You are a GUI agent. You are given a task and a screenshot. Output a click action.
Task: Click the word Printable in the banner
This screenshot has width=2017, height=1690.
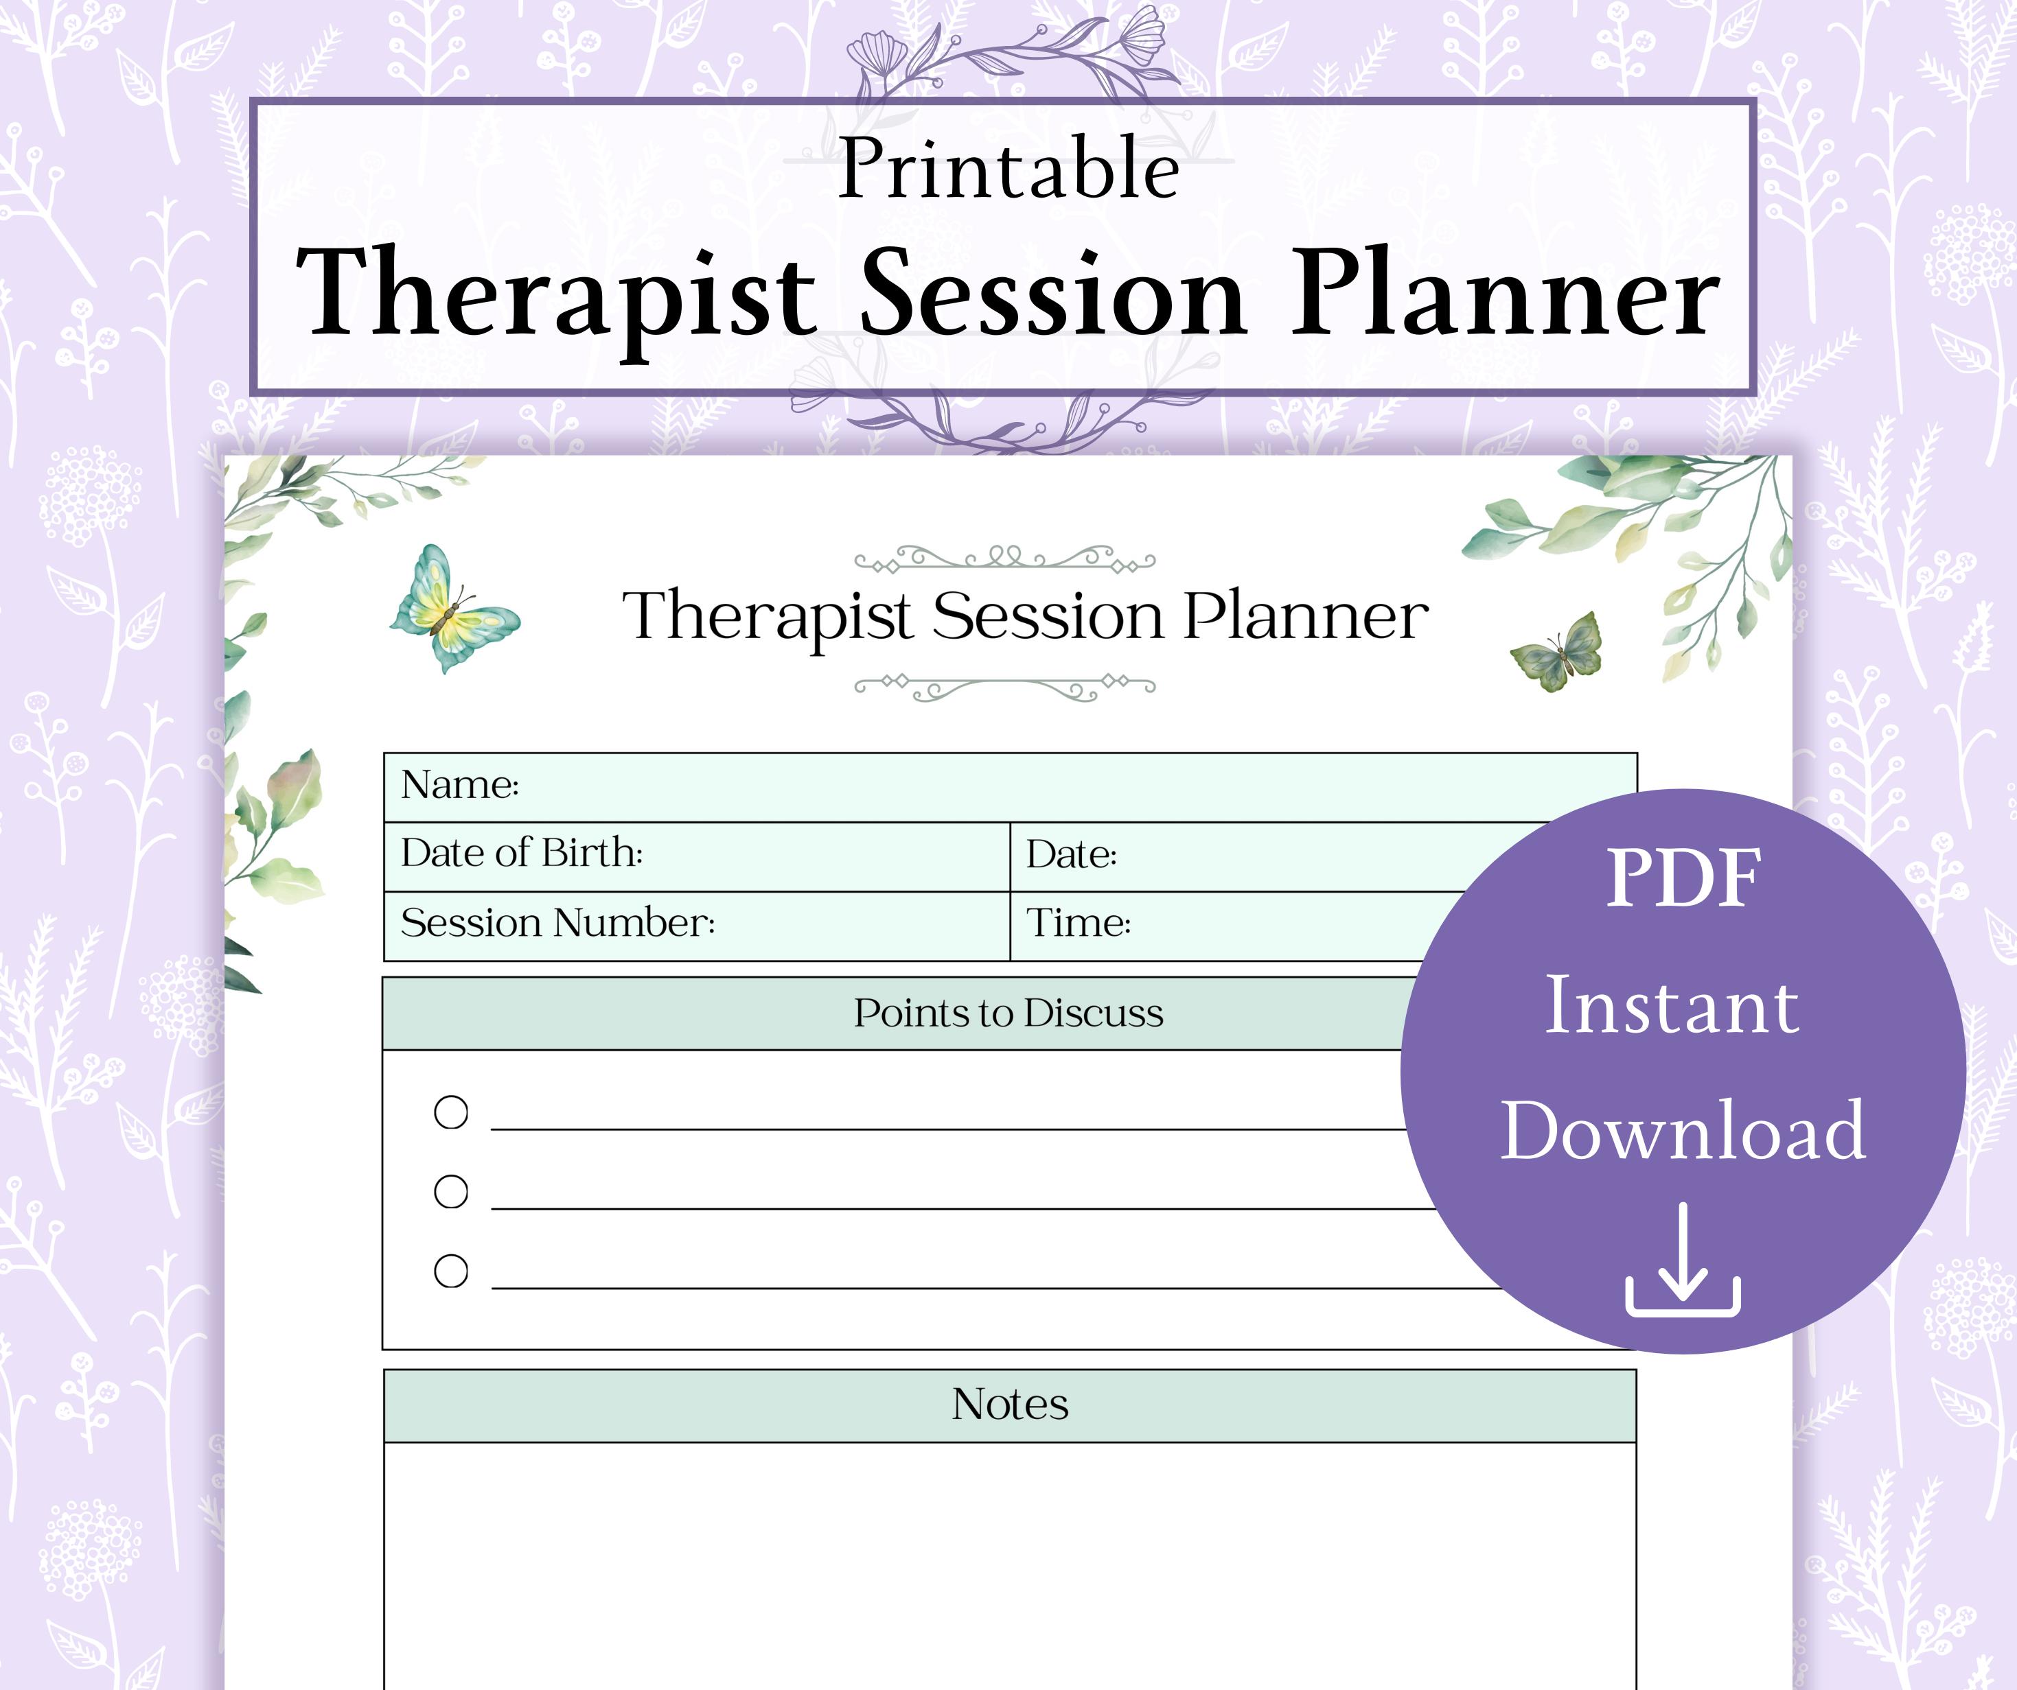pyautogui.click(x=1008, y=171)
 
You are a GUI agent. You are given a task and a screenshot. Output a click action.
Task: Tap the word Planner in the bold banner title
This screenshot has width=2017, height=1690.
pyautogui.click(x=1504, y=294)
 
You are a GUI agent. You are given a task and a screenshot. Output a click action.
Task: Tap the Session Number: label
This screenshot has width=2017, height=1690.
pyautogui.click(x=557, y=924)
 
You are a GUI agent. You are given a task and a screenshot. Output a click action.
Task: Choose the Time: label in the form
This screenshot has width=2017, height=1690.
pyautogui.click(x=1078, y=924)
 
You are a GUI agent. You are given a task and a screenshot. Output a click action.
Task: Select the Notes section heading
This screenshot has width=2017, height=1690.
pyautogui.click(x=1009, y=1405)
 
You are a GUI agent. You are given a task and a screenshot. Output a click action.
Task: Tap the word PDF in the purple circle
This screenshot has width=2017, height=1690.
pyautogui.click(x=1683, y=878)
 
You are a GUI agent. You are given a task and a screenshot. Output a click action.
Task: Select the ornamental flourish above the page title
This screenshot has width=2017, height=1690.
pyautogui.click(x=1004, y=558)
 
